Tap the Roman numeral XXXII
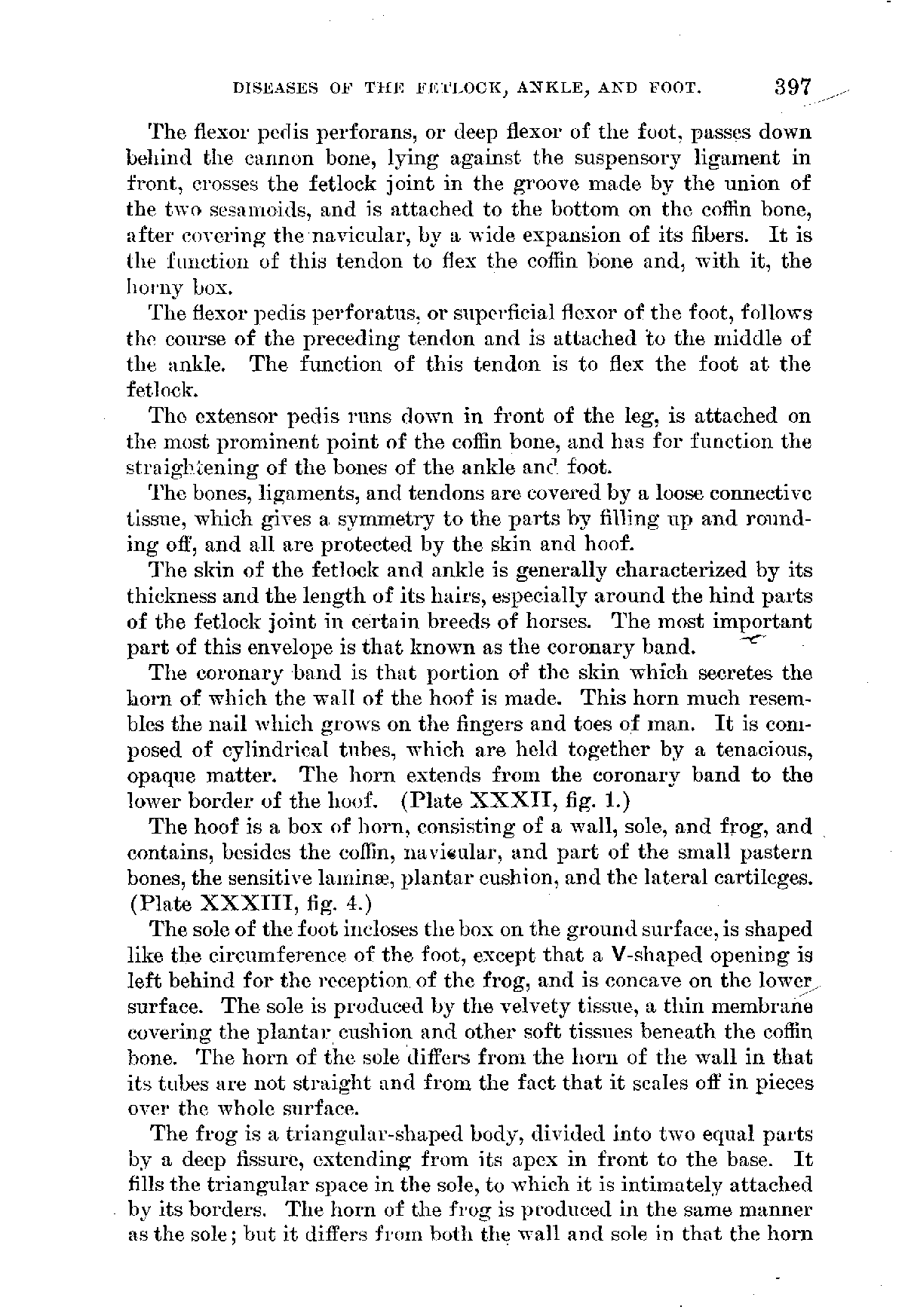click(536, 800)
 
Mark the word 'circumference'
click(286, 954)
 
